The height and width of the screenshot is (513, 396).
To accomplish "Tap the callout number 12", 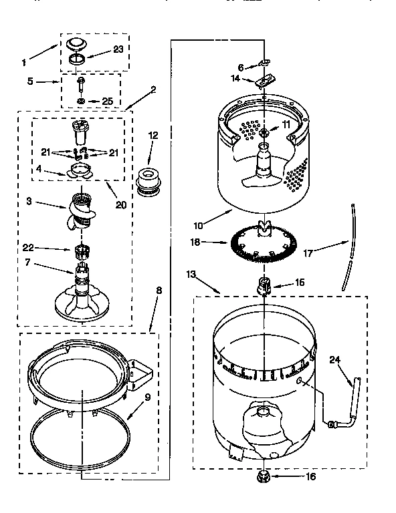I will [x=153, y=136].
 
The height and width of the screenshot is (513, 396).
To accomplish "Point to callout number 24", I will [x=334, y=360].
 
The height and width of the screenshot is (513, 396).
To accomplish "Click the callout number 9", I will [x=147, y=397].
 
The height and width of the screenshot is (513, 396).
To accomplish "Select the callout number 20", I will [x=120, y=204].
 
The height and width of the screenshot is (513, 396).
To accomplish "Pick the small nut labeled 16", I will [x=264, y=476].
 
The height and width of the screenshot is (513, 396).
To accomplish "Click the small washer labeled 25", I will [x=80, y=102].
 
